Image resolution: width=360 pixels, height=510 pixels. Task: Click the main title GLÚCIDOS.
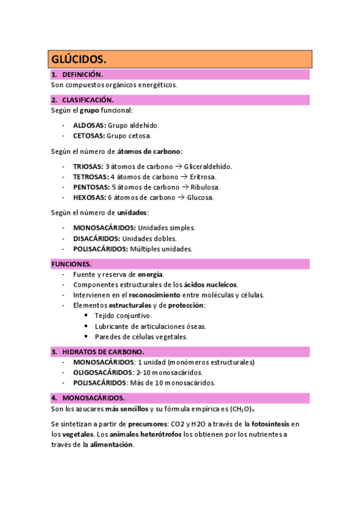click(x=79, y=59)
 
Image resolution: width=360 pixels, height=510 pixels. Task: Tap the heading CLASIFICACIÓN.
click(x=88, y=100)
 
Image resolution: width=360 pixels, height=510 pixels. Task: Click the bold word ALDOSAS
click(x=89, y=125)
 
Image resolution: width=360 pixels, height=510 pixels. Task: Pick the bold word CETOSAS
click(x=89, y=135)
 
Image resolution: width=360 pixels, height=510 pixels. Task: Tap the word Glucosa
click(x=200, y=197)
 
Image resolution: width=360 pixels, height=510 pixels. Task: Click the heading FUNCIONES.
click(x=72, y=264)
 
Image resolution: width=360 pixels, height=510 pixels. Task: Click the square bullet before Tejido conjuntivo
click(x=87, y=315)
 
